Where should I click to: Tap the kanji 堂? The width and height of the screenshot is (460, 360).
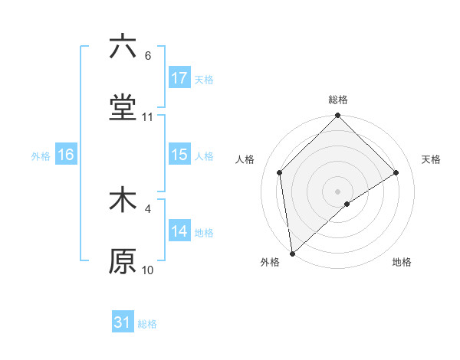coord(123,108)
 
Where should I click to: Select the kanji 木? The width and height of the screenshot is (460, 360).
coord(123,201)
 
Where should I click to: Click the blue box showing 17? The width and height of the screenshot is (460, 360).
coord(179,78)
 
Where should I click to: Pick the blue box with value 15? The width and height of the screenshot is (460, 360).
coord(179,155)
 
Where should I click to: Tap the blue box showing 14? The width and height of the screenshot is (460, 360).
coord(179,231)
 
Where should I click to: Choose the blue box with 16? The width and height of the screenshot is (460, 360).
coord(66,155)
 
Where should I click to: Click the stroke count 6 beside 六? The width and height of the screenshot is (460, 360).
coord(148,56)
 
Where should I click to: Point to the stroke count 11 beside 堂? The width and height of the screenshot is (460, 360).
coord(148,117)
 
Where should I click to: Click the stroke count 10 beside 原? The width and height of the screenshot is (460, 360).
coord(148,270)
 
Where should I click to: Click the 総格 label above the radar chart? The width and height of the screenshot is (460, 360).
coord(338,100)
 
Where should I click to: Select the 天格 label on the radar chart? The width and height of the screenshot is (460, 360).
coord(432,159)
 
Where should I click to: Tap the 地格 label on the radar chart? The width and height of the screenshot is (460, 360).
coord(402,262)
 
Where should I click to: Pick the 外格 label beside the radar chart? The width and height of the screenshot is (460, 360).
coord(269,262)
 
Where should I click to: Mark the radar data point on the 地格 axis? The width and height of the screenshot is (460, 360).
coord(347,204)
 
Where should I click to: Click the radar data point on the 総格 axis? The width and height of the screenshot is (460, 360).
coord(338,116)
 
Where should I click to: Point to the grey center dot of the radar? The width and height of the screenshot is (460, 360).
coord(338,191)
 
